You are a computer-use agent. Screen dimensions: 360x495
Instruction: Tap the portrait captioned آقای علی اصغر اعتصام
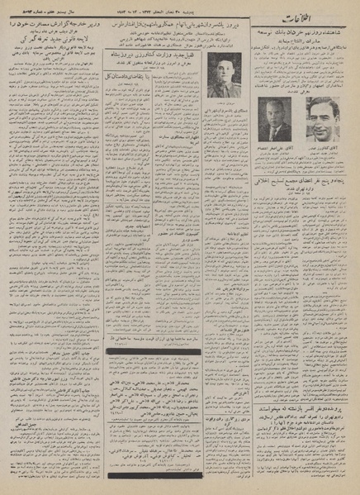[273, 119]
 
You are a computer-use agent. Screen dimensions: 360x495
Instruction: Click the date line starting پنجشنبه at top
[157, 8]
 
